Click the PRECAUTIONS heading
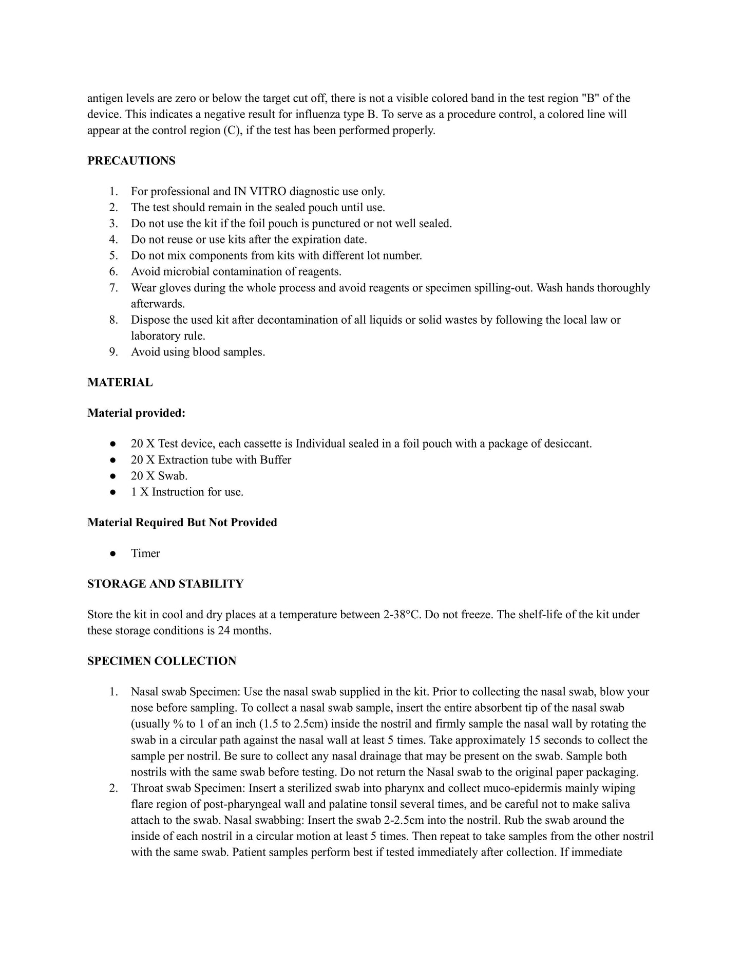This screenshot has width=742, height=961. (x=131, y=161)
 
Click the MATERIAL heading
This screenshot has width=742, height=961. (x=120, y=382)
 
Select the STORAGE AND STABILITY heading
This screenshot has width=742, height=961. (x=165, y=584)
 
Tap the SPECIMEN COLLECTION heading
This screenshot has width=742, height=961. (x=162, y=661)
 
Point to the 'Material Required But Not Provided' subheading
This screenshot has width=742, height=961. (x=182, y=522)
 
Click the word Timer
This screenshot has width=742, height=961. (x=145, y=553)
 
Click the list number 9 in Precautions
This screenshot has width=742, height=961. (x=113, y=352)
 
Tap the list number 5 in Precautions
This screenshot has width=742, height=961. (x=113, y=255)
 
